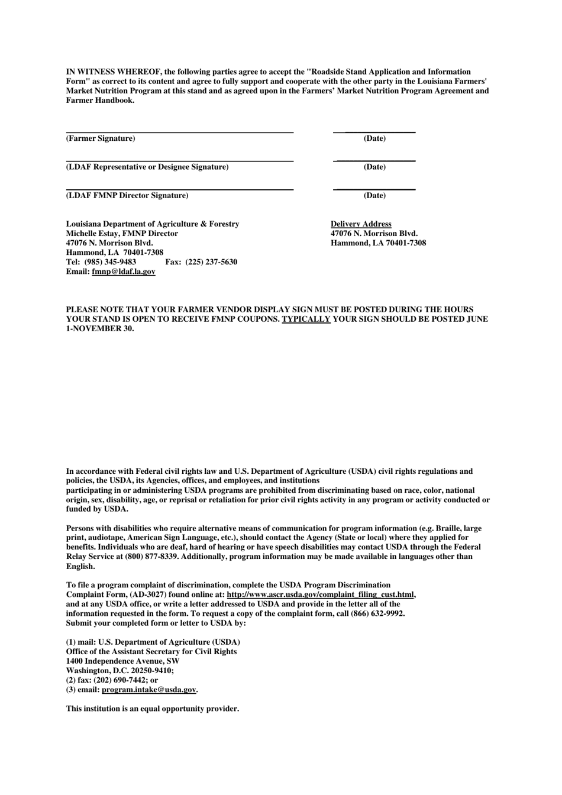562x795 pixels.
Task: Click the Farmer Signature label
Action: [x=101, y=138]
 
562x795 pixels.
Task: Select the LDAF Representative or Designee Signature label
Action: [x=147, y=167]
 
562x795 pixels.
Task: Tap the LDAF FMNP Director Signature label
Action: [x=127, y=195]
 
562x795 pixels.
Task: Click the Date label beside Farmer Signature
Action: [x=374, y=138]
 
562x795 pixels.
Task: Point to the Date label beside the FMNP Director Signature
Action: [x=374, y=195]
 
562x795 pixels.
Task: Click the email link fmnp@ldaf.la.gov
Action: [x=124, y=272]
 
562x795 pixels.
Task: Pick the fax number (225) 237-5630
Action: [x=211, y=262]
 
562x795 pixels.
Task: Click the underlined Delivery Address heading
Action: [x=361, y=224]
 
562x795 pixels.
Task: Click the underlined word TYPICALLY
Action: [x=306, y=319]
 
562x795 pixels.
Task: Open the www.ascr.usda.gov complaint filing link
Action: [x=321, y=594]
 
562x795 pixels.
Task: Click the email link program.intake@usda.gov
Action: [x=148, y=690]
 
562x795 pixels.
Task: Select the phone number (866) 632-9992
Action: [x=380, y=613]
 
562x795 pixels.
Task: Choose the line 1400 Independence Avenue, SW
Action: [x=123, y=661]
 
